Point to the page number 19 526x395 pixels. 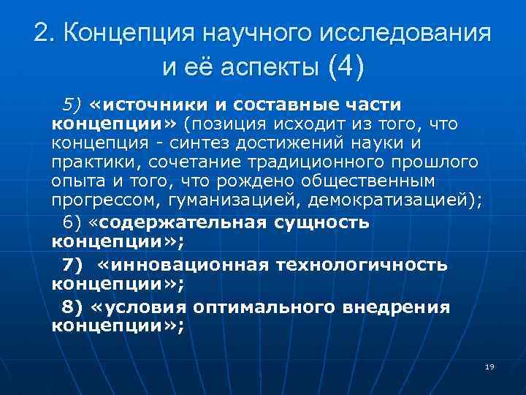[489, 366]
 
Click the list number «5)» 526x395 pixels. [75, 104]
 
